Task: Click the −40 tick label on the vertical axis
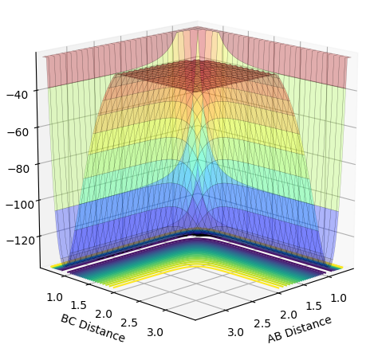pos(17,95)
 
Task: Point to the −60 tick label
pos(18,131)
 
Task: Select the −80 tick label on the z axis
pos(18,169)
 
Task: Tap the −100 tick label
pos(20,205)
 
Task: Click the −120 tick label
pos(21,241)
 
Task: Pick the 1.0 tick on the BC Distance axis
pos(55,298)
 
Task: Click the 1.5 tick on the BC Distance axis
pos(79,306)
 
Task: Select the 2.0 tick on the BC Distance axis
pos(104,315)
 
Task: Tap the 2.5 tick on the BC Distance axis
pos(129,323)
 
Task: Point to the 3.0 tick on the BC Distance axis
pos(156,332)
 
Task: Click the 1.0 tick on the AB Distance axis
pos(338,298)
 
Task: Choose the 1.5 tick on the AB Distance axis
pos(314,307)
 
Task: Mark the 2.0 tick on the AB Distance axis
pos(289,315)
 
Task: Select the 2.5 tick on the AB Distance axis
pos(262,324)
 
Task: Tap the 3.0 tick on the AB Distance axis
pos(235,332)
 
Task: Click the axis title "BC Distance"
pos(93,328)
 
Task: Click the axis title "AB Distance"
pos(300,330)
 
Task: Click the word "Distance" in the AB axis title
pos(309,327)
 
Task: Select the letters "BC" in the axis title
pos(68,319)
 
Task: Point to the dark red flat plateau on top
pos(196,75)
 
